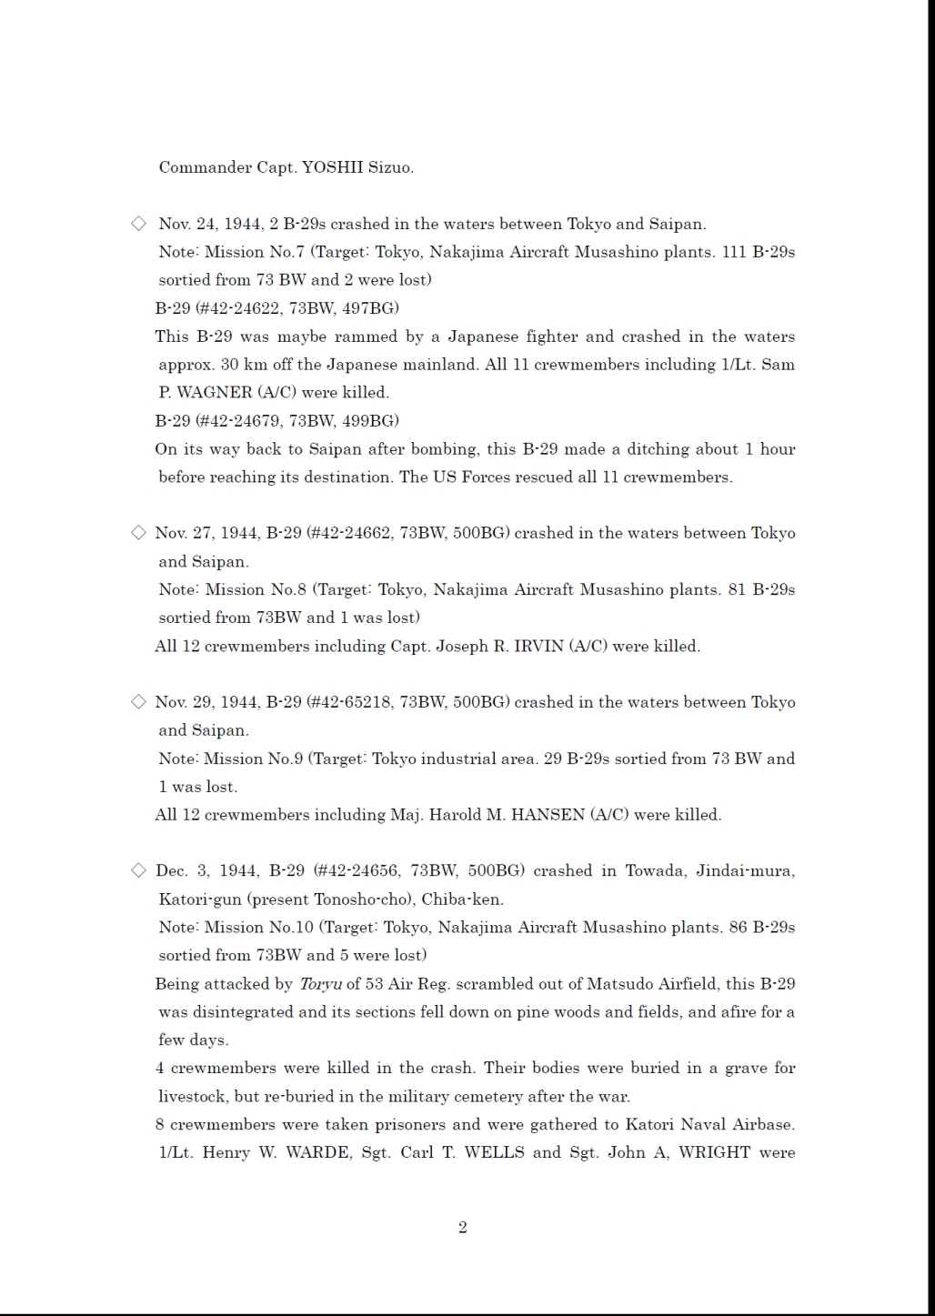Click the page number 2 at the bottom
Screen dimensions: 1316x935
[462, 1228]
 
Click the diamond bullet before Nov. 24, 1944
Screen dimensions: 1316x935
[138, 224]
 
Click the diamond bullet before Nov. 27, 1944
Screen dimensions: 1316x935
[138, 533]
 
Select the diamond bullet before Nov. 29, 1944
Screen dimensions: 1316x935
[138, 701]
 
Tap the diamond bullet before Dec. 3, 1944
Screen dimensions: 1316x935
[138, 870]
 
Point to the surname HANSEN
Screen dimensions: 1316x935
[548, 815]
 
